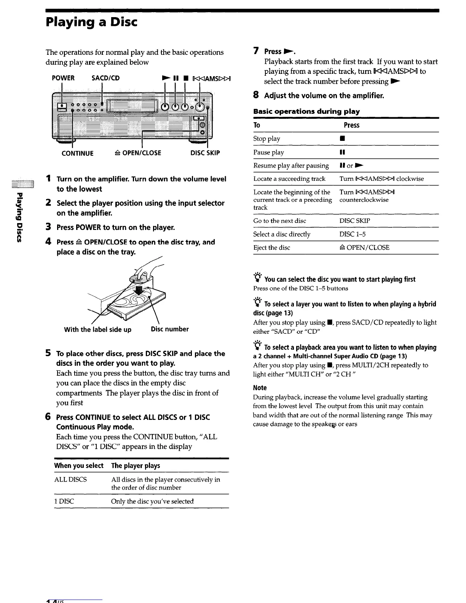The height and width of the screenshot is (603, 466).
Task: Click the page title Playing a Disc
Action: click(x=91, y=22)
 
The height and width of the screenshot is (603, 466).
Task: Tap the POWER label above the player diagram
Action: click(x=63, y=78)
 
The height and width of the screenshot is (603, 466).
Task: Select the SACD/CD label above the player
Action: click(x=106, y=78)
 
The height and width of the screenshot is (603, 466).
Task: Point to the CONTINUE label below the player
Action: click(x=78, y=153)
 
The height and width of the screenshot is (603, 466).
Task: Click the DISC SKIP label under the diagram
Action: click(x=205, y=153)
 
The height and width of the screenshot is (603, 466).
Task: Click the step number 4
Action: click(x=48, y=242)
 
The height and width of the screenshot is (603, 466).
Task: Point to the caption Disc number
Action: click(x=170, y=329)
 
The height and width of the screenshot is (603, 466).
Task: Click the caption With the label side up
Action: click(x=98, y=330)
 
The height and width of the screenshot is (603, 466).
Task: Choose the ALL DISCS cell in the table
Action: click(x=70, y=480)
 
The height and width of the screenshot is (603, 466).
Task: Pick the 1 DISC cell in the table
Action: click(x=64, y=501)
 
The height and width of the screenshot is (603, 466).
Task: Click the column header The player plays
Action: click(x=136, y=466)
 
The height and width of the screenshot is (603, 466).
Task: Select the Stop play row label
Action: click(x=267, y=139)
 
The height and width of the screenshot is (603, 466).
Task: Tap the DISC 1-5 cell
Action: click(x=353, y=234)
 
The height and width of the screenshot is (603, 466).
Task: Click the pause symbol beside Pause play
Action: click(x=342, y=152)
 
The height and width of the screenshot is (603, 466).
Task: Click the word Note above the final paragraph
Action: click(x=260, y=388)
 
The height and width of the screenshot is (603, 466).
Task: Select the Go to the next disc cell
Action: click(x=280, y=221)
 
